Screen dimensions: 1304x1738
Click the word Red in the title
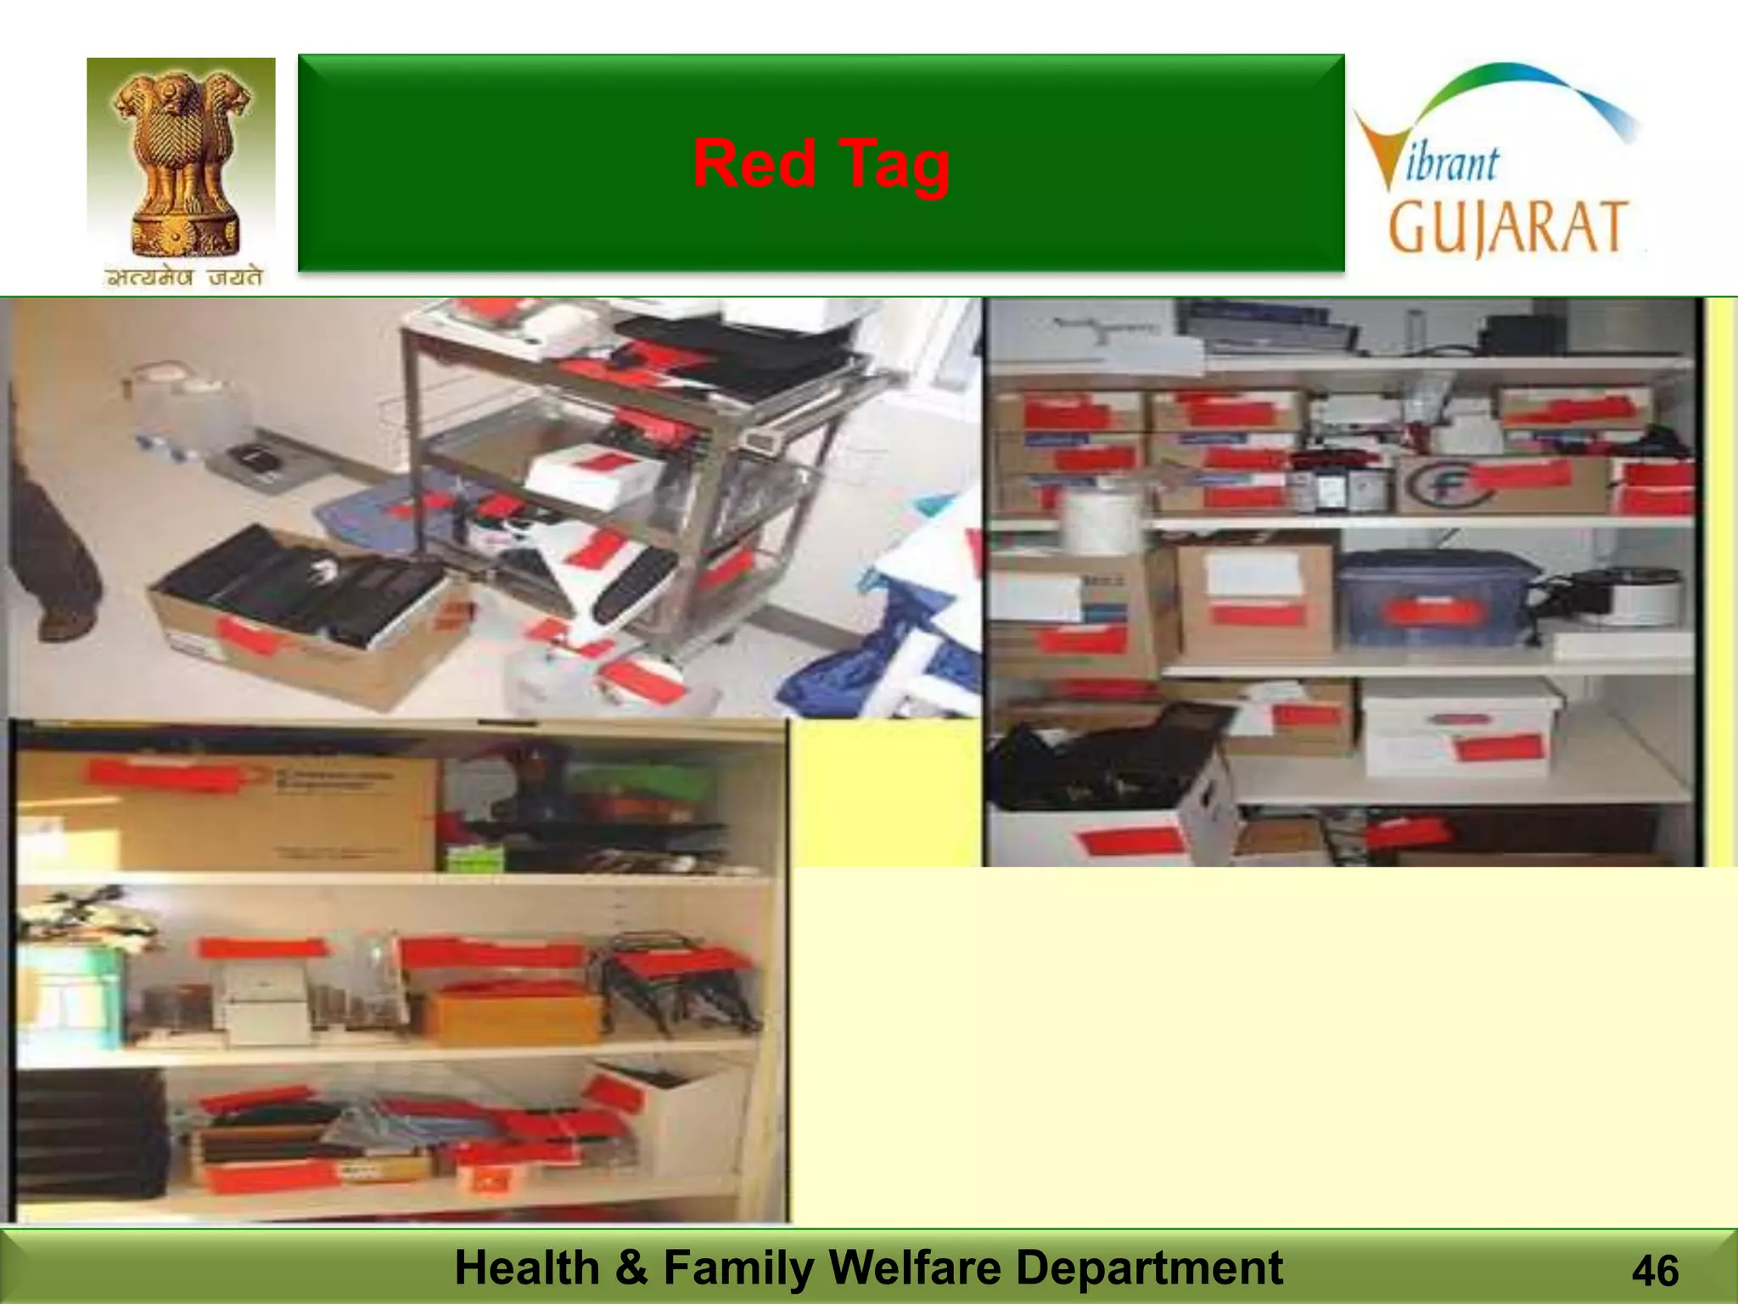click(754, 163)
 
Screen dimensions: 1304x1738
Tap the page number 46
click(1654, 1272)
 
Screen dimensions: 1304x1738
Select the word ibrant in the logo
click(1452, 164)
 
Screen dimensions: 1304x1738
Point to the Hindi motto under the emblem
click(183, 277)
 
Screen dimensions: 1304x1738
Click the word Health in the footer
click(527, 1267)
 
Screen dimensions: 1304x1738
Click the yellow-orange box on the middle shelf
click(513, 1014)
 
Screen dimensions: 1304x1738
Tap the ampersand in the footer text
click(631, 1267)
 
